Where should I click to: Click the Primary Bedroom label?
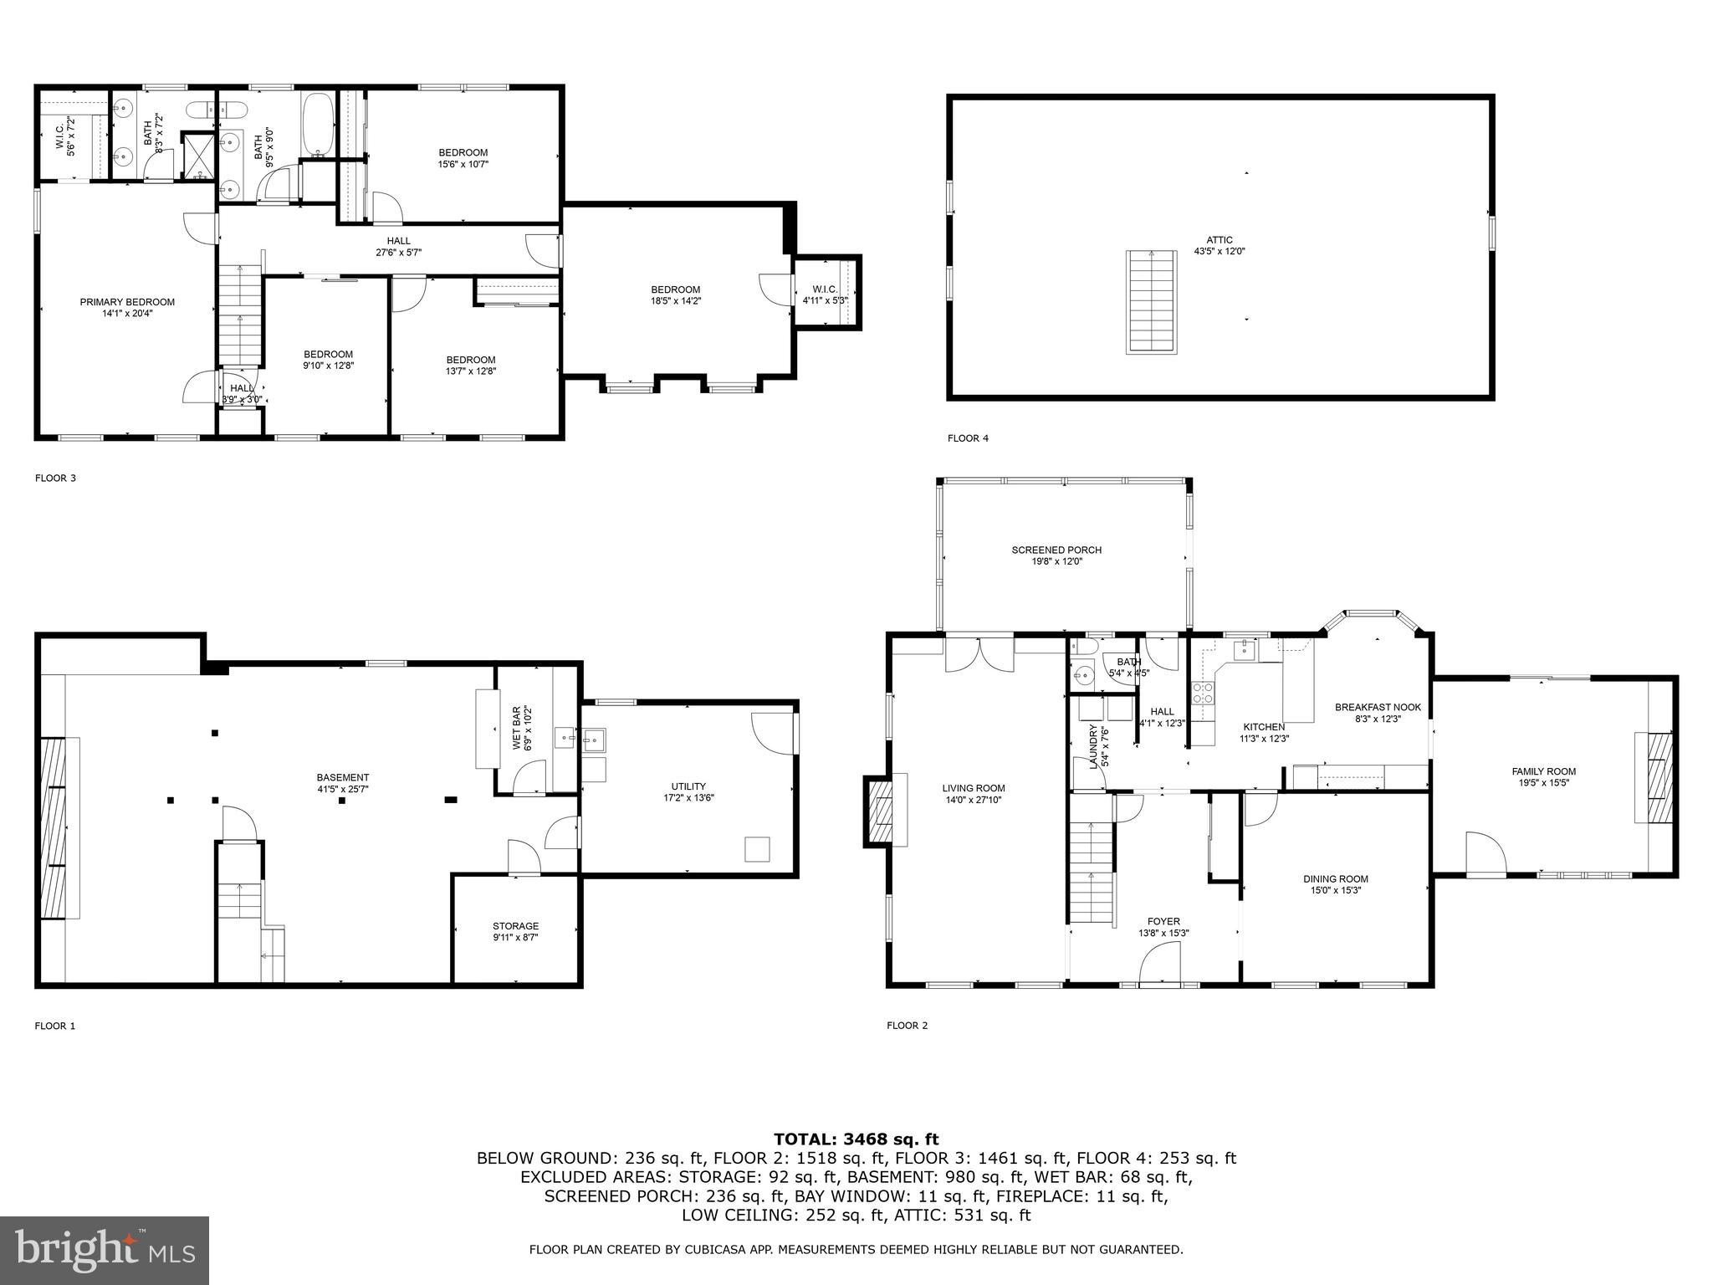[127, 302]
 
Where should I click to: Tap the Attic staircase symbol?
[1146, 301]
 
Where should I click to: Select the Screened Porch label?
[1056, 550]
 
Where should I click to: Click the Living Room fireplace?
[880, 811]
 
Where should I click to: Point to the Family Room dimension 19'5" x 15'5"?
[1543, 783]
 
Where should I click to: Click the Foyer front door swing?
[1160, 962]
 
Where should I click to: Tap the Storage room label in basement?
[515, 926]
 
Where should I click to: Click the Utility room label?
[688, 786]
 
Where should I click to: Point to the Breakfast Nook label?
[1378, 707]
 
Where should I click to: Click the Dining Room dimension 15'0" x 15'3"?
[1336, 890]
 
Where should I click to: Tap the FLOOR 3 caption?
[55, 479]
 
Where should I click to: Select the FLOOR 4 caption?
[968, 438]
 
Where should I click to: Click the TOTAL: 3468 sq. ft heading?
[856, 1139]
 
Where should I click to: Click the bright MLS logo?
[105, 1250]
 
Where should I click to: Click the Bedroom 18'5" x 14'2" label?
[676, 289]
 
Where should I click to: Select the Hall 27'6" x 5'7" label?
[399, 241]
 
